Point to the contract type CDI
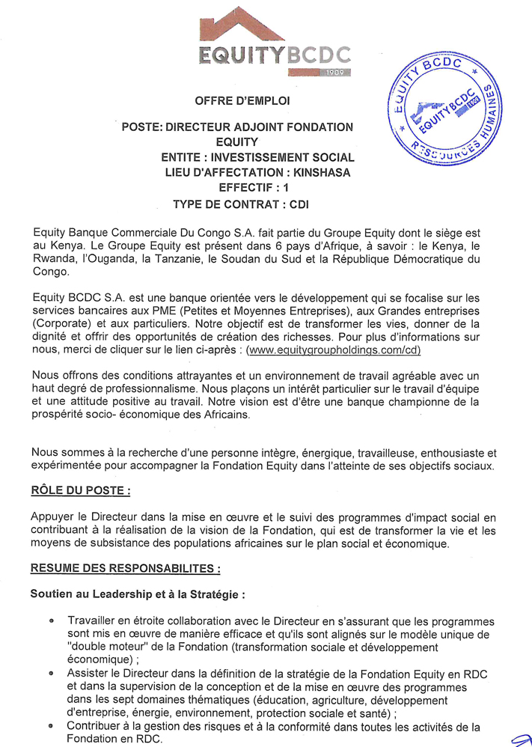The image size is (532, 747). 298,203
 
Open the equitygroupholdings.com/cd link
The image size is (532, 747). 334,350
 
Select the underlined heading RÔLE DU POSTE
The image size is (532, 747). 81,492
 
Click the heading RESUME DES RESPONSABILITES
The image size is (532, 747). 125,569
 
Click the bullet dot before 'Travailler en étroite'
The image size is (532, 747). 52,621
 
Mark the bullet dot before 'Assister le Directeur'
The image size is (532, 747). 52,674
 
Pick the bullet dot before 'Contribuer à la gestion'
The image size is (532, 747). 52,725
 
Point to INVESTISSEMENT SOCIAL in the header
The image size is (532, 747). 283,157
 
